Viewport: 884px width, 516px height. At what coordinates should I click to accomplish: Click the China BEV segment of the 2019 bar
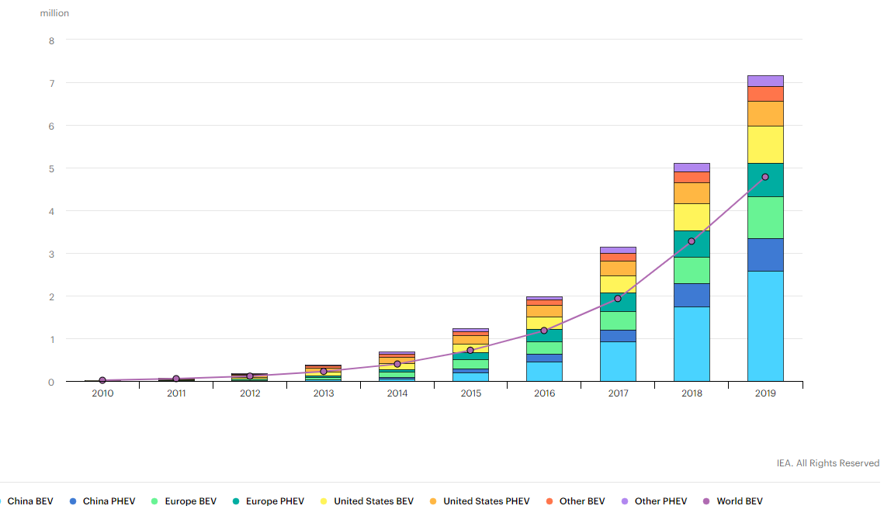[765, 326]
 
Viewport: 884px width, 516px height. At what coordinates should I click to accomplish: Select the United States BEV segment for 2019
[765, 144]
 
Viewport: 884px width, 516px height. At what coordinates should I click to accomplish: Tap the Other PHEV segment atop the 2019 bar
[765, 81]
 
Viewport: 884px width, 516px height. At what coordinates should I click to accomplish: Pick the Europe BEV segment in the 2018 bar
[692, 270]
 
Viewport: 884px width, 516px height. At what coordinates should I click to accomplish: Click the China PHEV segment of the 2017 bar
[618, 336]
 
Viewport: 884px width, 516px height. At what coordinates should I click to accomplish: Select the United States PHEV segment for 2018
[692, 193]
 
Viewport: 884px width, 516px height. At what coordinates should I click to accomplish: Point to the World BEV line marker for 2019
[765, 177]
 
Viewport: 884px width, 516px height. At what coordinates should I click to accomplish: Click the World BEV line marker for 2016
[544, 331]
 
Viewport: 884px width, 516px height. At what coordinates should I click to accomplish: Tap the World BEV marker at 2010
[102, 380]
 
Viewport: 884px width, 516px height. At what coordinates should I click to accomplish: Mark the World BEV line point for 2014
[397, 364]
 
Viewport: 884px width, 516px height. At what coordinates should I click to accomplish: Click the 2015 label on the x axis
[470, 393]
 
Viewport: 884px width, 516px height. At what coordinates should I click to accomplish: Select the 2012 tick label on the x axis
[250, 393]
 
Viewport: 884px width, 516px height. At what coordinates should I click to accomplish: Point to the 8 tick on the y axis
[51, 40]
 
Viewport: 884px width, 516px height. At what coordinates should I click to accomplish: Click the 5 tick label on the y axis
[51, 168]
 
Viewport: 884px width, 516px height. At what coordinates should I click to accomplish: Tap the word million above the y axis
[54, 13]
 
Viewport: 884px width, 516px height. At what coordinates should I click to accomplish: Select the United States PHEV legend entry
[486, 501]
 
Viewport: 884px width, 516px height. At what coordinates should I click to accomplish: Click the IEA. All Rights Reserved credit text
[827, 463]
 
